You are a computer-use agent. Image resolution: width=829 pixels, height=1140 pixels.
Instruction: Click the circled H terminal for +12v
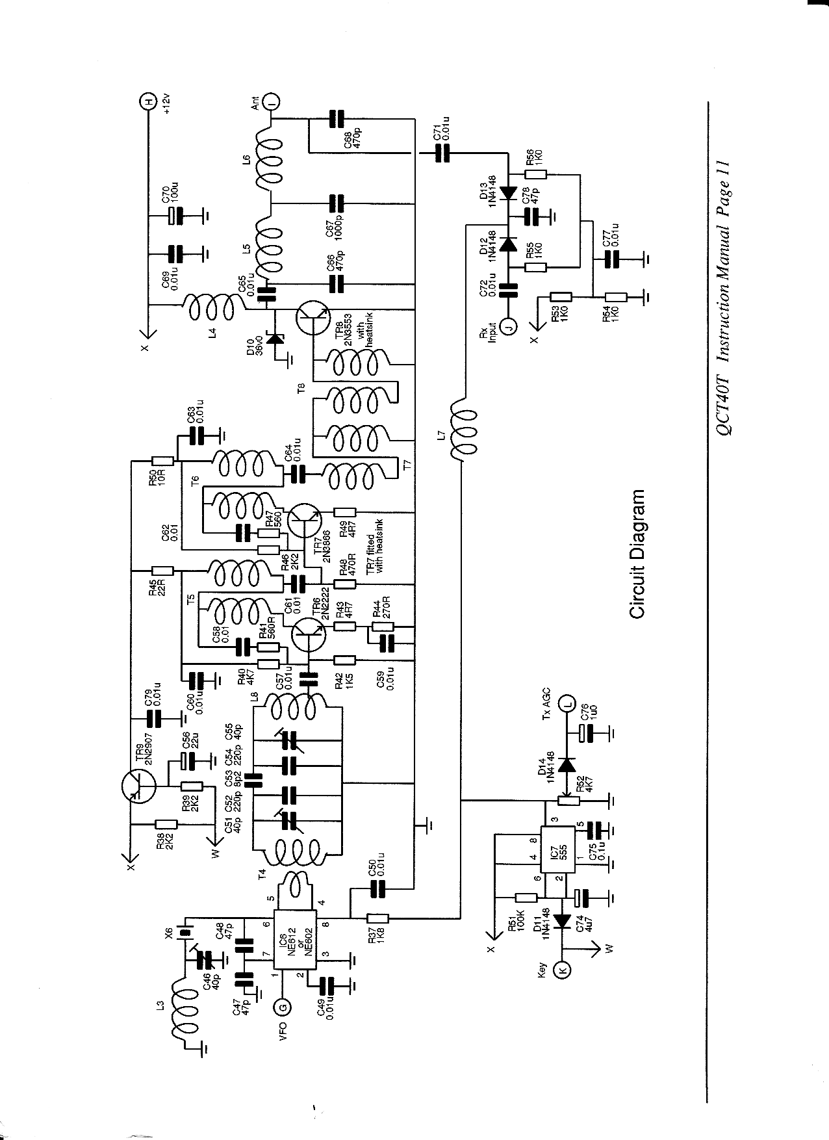[149, 102]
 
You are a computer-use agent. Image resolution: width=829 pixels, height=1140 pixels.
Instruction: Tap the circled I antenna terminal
[274, 101]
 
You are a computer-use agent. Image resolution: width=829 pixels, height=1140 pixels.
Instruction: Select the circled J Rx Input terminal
[509, 327]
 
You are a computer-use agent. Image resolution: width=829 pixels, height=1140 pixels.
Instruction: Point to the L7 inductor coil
[464, 430]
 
